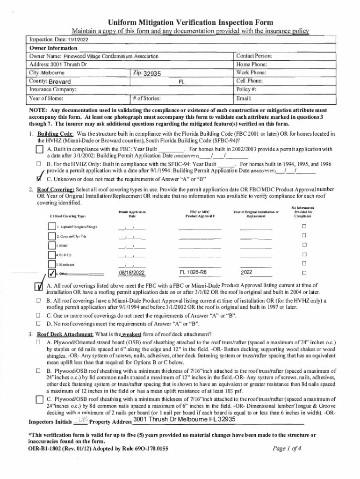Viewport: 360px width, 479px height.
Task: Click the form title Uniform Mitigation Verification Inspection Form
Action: [191, 22]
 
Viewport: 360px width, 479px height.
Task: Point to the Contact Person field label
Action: [254, 56]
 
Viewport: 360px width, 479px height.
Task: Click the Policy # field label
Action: [247, 90]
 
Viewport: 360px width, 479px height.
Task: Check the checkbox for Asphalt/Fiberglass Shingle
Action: [52, 227]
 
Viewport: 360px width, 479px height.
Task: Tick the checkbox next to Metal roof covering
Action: [52, 245]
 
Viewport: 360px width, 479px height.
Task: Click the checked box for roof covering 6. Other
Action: [52, 273]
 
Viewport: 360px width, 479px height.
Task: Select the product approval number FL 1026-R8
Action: [193, 272]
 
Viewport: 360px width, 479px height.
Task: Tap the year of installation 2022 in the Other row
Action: [248, 272]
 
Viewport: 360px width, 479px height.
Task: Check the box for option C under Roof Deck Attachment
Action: [40, 399]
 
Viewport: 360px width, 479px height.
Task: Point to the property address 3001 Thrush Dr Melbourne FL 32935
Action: [184, 419]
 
